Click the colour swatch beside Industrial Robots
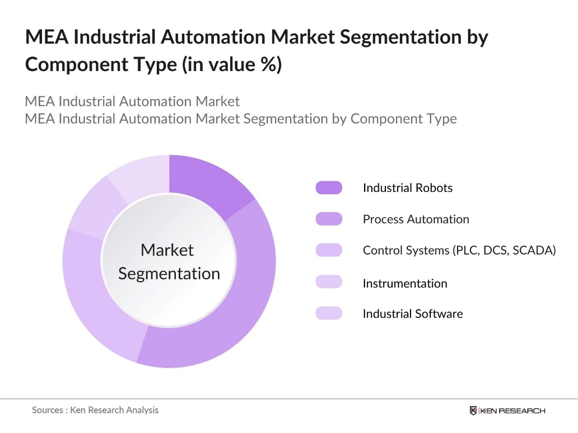[329, 188]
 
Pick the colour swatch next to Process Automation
[329, 219]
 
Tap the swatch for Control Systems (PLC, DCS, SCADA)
[329, 251]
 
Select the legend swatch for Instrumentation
[329, 283]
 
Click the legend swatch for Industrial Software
[329, 313]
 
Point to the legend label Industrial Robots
[407, 188]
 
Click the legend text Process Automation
[416, 219]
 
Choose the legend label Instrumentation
[405, 283]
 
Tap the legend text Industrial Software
[413, 314]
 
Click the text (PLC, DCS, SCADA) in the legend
[504, 251]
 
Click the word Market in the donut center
[167, 250]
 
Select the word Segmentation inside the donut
[169, 274]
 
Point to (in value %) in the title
[231, 64]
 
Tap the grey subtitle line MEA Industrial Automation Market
[132, 102]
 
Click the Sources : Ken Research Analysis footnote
[95, 410]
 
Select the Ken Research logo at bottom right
[507, 411]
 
